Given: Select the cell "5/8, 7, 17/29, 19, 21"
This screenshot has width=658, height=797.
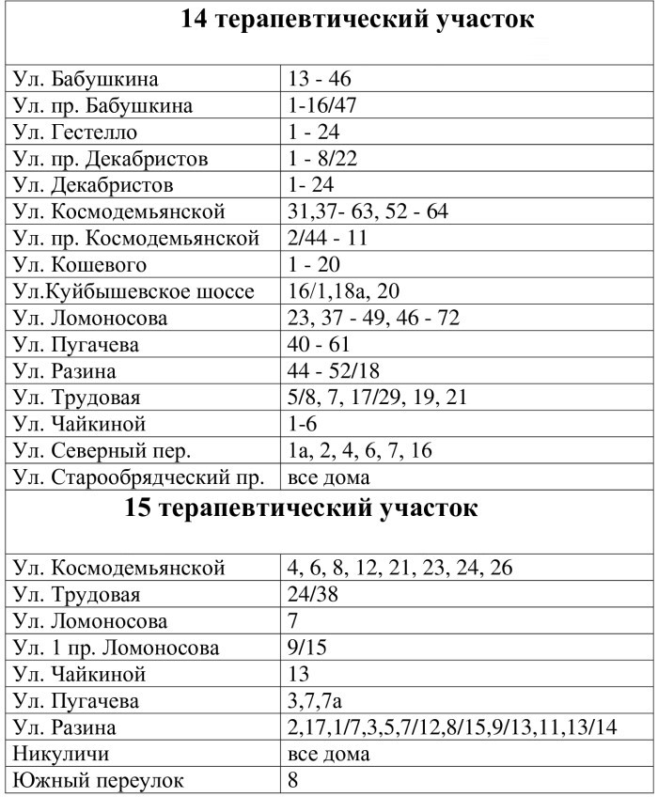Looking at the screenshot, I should coord(376,398).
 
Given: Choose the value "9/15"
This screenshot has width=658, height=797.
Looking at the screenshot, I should coord(308,648).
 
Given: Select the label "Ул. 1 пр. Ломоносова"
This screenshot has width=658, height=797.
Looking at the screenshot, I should coord(117,648).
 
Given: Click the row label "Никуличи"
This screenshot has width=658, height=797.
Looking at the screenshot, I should coord(58,754).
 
